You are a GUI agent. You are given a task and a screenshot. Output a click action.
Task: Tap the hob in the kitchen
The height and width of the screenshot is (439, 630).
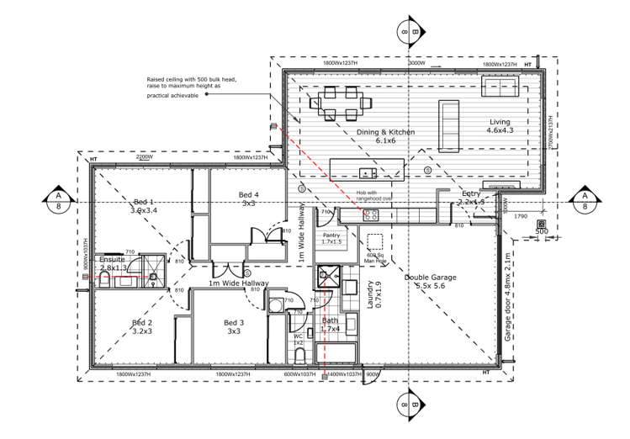371,214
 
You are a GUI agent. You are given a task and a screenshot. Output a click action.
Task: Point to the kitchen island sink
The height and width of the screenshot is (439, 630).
367,173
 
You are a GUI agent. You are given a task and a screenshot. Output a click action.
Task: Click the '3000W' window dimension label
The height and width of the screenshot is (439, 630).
416,63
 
